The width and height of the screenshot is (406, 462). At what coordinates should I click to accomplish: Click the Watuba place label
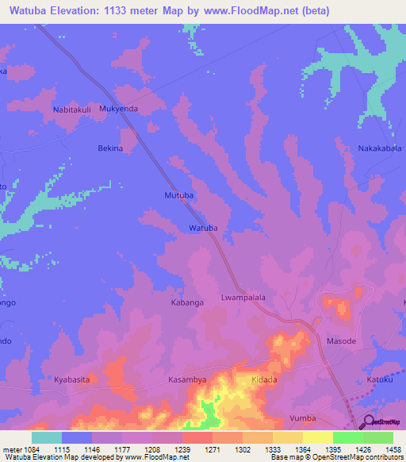click(x=203, y=229)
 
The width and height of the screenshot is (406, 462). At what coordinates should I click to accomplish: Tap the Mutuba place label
click(x=178, y=194)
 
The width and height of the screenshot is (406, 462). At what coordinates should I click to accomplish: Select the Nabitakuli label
click(x=73, y=109)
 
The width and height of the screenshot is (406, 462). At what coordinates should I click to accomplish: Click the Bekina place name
click(x=110, y=148)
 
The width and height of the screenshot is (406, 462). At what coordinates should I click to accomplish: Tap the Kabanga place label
click(x=189, y=302)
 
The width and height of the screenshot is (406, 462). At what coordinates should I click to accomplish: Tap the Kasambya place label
click(x=187, y=380)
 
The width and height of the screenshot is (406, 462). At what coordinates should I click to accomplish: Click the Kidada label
click(x=264, y=380)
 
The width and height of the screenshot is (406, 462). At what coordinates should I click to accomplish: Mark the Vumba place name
click(x=303, y=418)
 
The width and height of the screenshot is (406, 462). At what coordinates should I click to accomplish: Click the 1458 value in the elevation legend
click(x=393, y=449)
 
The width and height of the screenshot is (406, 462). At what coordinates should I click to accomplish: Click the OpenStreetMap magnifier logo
click(x=369, y=421)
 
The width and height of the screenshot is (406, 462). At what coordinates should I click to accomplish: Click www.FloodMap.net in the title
click(x=243, y=10)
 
